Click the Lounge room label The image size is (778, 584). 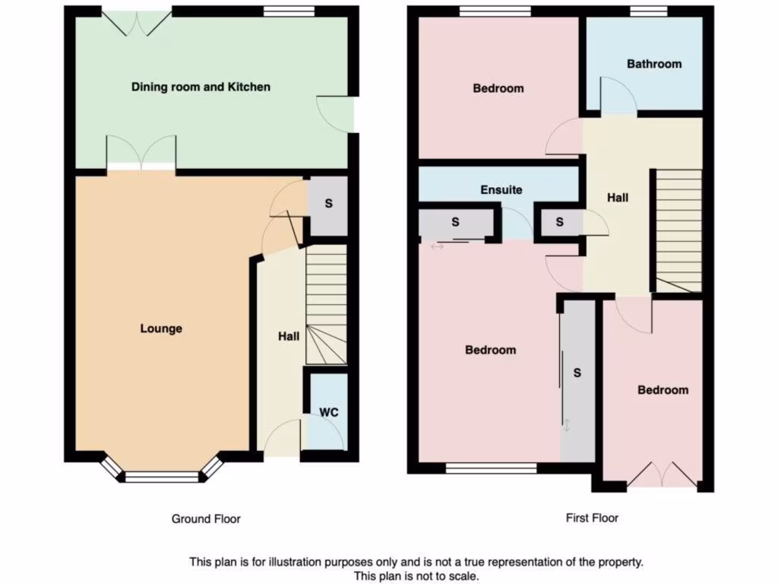[x=161, y=328]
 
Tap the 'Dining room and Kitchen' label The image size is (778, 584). [x=201, y=87]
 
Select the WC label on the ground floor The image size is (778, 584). [x=328, y=412]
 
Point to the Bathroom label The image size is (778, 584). [x=653, y=64]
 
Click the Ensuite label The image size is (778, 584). [x=501, y=189]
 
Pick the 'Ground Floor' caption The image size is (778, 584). [x=205, y=519]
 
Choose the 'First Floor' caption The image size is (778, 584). [x=592, y=518]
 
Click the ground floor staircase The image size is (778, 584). [x=326, y=304]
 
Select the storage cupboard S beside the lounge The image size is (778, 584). [x=328, y=205]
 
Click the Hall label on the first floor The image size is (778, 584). [x=618, y=198]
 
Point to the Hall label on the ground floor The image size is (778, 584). [x=288, y=336]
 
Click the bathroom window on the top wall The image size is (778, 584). [x=647, y=11]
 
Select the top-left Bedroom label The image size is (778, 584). [x=498, y=88]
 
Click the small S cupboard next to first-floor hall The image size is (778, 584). [x=560, y=222]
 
